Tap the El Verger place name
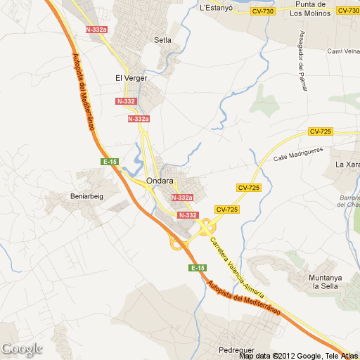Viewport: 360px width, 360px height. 131,78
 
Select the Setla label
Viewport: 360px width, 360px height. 162,40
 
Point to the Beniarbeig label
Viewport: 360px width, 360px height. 86,196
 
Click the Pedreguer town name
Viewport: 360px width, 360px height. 237,348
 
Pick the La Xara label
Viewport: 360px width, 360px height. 347,165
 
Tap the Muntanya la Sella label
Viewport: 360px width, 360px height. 325,282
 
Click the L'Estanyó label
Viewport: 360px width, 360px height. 215,8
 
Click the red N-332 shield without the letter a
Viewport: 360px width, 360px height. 187,215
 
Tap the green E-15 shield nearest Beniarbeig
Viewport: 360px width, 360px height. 110,162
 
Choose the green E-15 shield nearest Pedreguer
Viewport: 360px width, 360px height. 198,269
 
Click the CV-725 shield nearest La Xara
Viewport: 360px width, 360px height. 320,131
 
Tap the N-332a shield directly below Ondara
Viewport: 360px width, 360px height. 182,198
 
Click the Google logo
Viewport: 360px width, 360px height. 22,349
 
